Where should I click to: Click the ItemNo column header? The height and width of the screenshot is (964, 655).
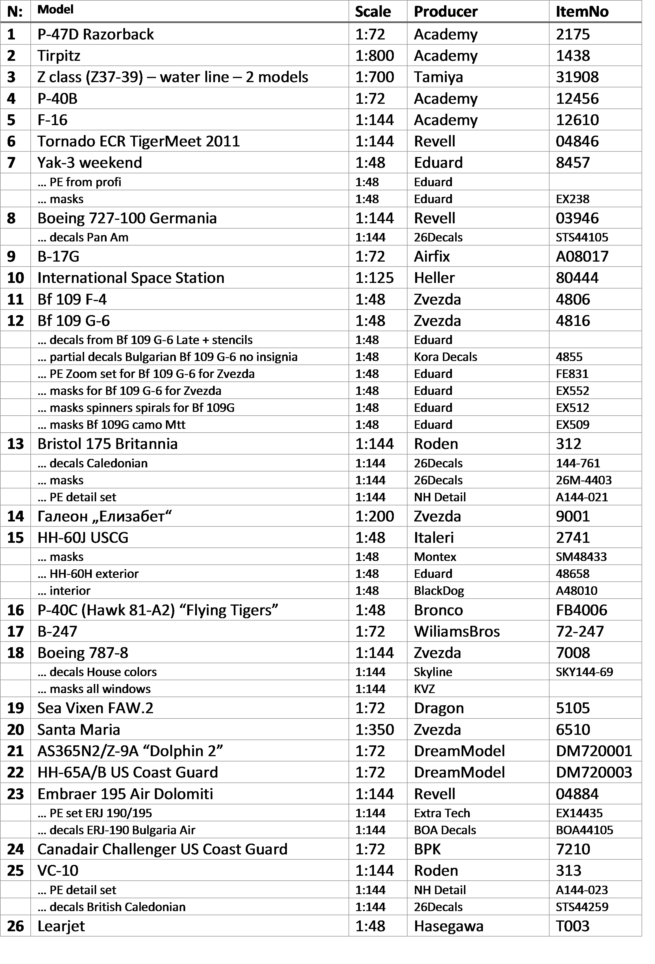[x=582, y=12]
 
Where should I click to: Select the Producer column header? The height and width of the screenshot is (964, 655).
[x=446, y=12]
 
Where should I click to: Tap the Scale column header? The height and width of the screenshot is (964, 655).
[x=373, y=12]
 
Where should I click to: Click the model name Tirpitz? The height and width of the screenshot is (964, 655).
[x=59, y=56]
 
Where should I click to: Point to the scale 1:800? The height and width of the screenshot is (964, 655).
[x=374, y=56]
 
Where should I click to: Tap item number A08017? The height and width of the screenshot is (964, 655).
[x=582, y=256]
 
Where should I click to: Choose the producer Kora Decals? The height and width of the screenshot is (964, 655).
[x=445, y=357]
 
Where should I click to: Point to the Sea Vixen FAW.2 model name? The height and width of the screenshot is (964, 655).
[x=95, y=708]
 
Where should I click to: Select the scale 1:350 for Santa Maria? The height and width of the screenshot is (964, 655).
[x=374, y=729]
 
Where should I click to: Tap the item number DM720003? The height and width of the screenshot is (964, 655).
[x=594, y=772]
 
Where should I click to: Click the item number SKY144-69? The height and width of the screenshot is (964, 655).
[x=584, y=672]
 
